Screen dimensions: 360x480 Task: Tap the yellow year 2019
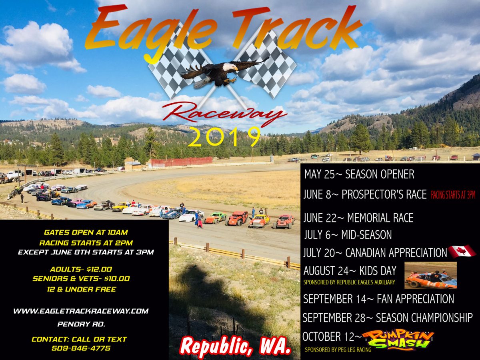[224, 137]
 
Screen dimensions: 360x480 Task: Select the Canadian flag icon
[461, 251]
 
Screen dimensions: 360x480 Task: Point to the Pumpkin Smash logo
[398, 340]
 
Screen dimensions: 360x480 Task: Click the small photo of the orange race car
[430, 276]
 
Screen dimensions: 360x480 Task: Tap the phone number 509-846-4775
[81, 348]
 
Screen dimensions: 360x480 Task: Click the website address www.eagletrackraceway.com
[81, 311]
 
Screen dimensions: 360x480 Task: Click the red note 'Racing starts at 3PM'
[453, 195]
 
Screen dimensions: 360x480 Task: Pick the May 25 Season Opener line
[359, 174]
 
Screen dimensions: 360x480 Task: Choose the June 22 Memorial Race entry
[358, 218]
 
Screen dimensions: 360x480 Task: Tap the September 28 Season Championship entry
[387, 318]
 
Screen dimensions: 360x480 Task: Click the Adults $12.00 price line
[82, 269]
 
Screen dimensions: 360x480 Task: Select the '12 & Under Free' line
[81, 289]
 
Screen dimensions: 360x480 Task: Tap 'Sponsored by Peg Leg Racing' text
[338, 350]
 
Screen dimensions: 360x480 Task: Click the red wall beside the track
[181, 161]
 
